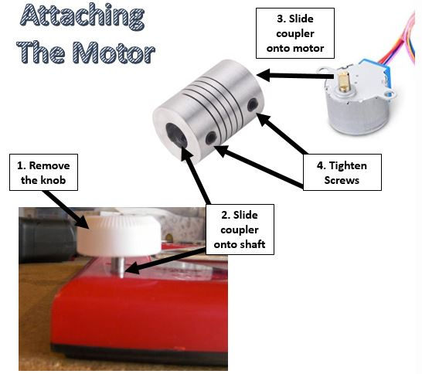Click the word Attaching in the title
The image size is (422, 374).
(83, 16)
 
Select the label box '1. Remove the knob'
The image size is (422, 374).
(43, 172)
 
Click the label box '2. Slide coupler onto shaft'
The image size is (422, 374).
(240, 229)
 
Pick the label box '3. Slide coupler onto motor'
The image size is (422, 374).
(295, 33)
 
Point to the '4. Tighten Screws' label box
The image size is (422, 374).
(342, 172)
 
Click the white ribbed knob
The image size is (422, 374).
(119, 236)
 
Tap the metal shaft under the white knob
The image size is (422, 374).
(118, 267)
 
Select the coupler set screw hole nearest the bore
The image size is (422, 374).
(211, 138)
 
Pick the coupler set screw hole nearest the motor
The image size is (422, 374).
(253, 104)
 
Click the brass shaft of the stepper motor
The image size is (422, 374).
(342, 82)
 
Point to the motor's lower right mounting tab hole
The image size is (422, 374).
(388, 94)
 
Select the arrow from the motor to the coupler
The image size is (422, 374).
(296, 75)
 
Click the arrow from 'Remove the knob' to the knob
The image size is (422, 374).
(66, 210)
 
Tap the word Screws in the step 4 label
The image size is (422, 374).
(342, 180)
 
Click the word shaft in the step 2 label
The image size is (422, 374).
(252, 244)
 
